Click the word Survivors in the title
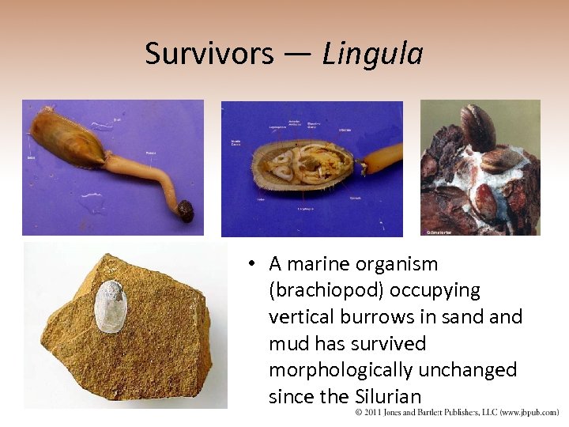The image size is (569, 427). [209, 54]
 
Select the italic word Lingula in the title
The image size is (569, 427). [372, 54]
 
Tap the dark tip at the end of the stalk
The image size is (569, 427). [185, 210]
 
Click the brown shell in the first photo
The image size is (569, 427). [68, 138]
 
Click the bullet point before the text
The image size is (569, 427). [249, 264]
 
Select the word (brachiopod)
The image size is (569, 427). [325, 290]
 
